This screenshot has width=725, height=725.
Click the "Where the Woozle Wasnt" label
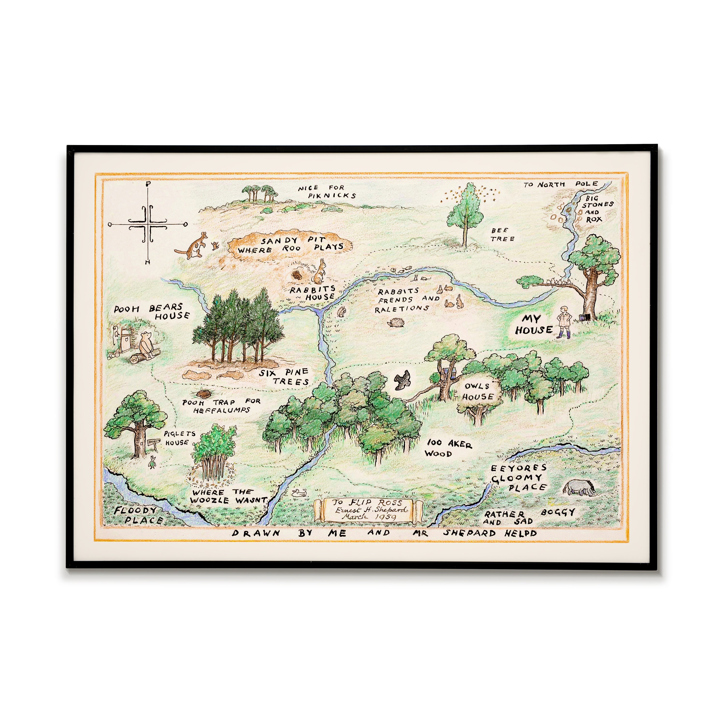[228, 496]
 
